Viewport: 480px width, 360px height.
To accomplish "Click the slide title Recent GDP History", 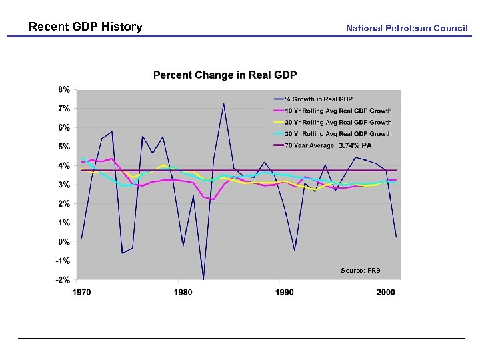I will click(85, 27).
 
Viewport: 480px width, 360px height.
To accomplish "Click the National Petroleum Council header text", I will click(407, 28).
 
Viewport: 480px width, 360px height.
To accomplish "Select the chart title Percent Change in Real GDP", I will click(225, 75).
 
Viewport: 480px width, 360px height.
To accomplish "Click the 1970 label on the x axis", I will click(82, 292).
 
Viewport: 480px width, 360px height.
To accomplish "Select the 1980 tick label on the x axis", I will click(183, 292).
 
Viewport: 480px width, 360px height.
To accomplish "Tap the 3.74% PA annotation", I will click(355, 145).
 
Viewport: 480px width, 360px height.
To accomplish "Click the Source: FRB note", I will click(360, 270).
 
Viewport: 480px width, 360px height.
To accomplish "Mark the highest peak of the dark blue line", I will click(223, 103).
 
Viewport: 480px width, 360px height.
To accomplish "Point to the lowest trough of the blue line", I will click(203, 279).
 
